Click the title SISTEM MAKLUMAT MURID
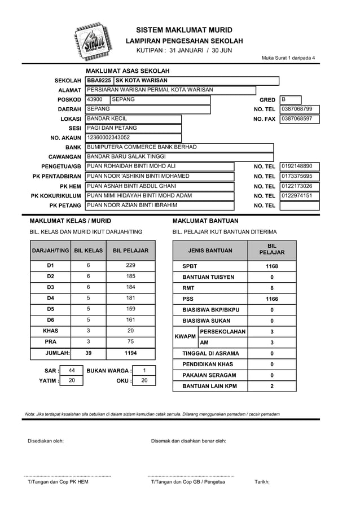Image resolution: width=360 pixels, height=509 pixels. pyautogui.click(x=184, y=30)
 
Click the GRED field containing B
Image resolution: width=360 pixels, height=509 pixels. pyautogui.click(x=290, y=99)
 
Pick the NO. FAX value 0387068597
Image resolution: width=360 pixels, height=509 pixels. pyautogui.click(x=299, y=119)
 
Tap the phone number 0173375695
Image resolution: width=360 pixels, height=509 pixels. pyautogui.click(x=299, y=176)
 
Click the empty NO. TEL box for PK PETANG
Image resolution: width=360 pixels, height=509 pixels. pyautogui.click(x=299, y=205)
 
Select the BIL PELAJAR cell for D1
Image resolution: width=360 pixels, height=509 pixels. pyautogui.click(x=130, y=265)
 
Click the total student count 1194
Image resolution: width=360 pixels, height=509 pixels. pyautogui.click(x=130, y=353)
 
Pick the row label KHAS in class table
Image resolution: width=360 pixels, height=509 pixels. pyautogui.click(x=50, y=331)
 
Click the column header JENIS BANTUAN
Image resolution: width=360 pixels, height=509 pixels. pyautogui.click(x=210, y=250)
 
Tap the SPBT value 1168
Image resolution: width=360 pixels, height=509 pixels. pyautogui.click(x=271, y=266)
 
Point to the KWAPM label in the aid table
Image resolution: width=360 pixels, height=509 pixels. pyautogui.click(x=186, y=337)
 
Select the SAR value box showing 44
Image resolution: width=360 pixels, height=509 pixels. pyautogui.click(x=72, y=370)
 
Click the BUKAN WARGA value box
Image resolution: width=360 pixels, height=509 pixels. pyautogui.click(x=144, y=370)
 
